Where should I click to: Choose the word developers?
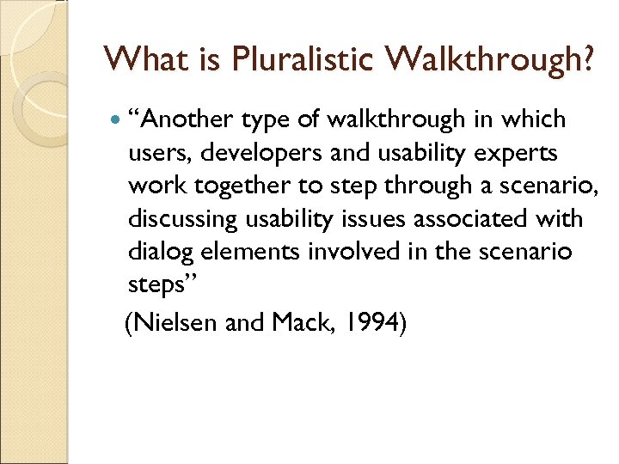click(244, 153)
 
